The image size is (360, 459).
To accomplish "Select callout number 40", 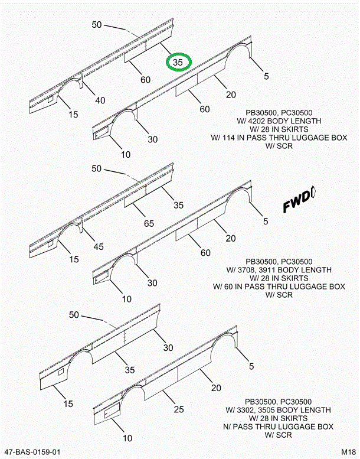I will [x=100, y=100].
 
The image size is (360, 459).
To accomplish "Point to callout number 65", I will [x=148, y=223].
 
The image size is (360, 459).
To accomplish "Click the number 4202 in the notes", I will [x=268, y=121].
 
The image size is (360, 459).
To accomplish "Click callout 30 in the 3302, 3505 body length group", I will [x=168, y=347].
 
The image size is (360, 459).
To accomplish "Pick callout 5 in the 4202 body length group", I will [x=266, y=76].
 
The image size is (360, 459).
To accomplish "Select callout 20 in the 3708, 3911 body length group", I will [x=230, y=238].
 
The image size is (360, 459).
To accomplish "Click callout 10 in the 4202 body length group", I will [x=125, y=155].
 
